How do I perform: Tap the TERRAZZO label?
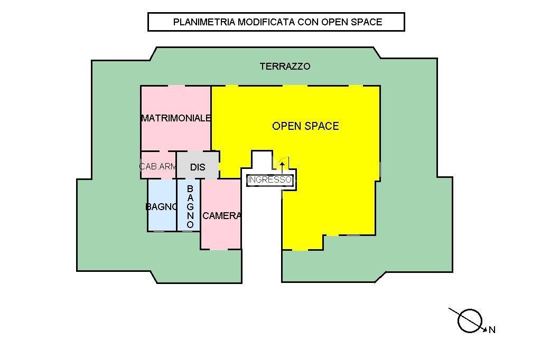pyautogui.click(x=285, y=67)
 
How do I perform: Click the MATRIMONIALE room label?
pyautogui.click(x=176, y=118)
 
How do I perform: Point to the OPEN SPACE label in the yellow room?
pyautogui.click(x=305, y=126)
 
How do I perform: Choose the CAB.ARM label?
pyautogui.click(x=158, y=167)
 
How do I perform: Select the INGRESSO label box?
pyautogui.click(x=269, y=180)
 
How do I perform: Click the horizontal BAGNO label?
pyautogui.click(x=161, y=207)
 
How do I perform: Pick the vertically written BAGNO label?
pyautogui.click(x=190, y=206)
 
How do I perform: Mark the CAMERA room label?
pyautogui.click(x=221, y=215)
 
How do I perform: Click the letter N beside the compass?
pyautogui.click(x=492, y=330)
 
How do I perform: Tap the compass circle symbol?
pyautogui.click(x=470, y=320)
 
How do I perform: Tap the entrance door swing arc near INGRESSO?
pyautogui.click(x=287, y=160)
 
